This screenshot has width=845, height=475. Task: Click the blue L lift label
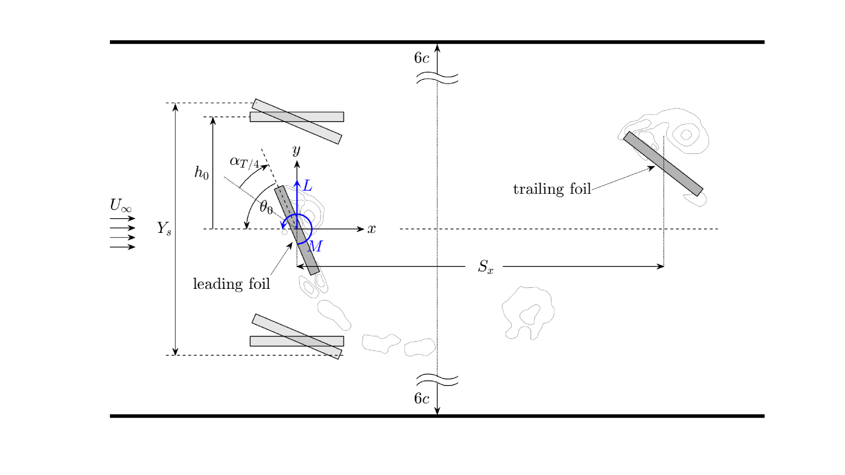pyautogui.click(x=308, y=186)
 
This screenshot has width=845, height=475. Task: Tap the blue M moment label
pyautogui.click(x=315, y=247)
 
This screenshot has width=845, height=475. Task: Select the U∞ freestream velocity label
pyautogui.click(x=121, y=205)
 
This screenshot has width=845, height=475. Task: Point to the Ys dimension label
pyautogui.click(x=164, y=228)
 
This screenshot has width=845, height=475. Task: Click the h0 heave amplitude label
pyautogui.click(x=201, y=173)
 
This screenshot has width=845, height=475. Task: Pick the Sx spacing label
pyautogui.click(x=485, y=266)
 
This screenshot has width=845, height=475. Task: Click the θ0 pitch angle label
pyautogui.click(x=266, y=207)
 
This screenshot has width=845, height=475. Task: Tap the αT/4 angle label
pyautogui.click(x=245, y=162)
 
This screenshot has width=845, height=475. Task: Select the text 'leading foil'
pyautogui.click(x=231, y=284)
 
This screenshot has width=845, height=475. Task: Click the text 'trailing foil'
pyautogui.click(x=552, y=189)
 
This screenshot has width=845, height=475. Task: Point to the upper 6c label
pyautogui.click(x=421, y=58)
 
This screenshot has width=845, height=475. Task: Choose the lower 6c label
pyautogui.click(x=421, y=399)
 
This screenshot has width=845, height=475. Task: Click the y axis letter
pyautogui.click(x=297, y=151)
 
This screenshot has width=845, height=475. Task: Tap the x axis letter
pyautogui.click(x=371, y=229)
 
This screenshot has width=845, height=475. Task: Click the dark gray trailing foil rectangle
pyautogui.click(x=663, y=164)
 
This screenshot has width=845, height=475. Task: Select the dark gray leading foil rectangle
pyautogui.click(x=297, y=230)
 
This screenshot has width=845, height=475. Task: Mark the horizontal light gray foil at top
pyautogui.click(x=297, y=117)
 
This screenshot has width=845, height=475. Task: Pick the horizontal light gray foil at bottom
pyautogui.click(x=297, y=341)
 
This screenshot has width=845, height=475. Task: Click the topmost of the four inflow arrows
pyautogui.click(x=123, y=218)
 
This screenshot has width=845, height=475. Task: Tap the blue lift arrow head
pyautogui.click(x=297, y=184)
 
